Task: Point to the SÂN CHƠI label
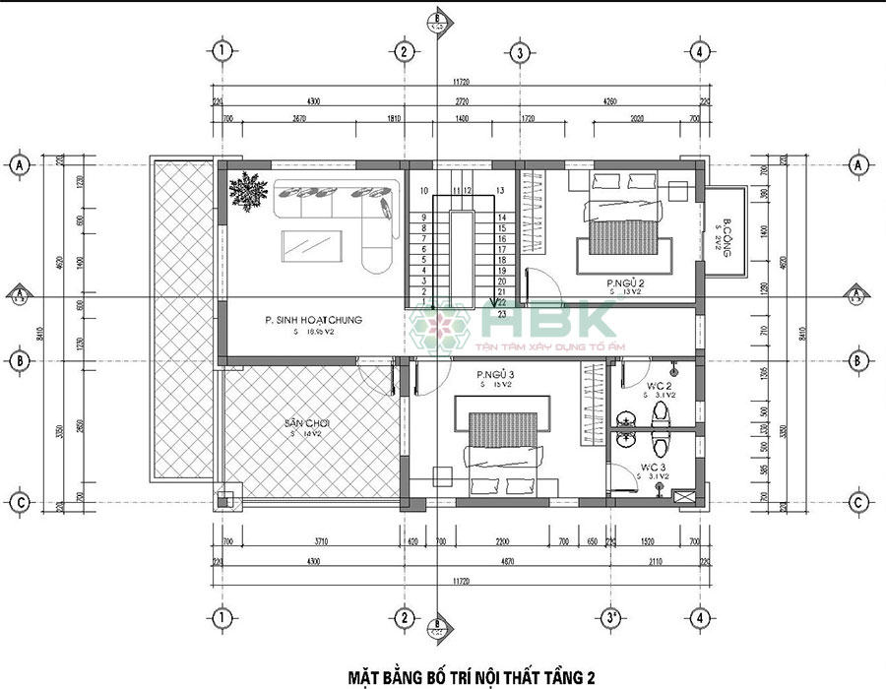(x=306, y=423)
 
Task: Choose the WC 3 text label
(x=655, y=467)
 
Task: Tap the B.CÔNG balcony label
(x=727, y=236)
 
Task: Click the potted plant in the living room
(x=247, y=190)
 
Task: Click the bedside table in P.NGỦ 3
(x=442, y=476)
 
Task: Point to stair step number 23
(x=501, y=315)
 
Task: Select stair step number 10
(x=424, y=190)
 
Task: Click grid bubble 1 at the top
(x=223, y=50)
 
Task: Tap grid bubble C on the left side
(x=19, y=502)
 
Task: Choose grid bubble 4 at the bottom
(x=698, y=618)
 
